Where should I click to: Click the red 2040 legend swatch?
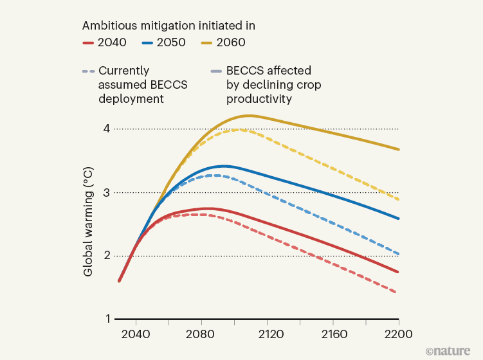[89, 43]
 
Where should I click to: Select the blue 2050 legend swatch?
[149, 43]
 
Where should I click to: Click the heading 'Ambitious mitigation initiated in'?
[169, 26]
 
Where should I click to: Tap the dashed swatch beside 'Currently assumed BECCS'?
[89, 71]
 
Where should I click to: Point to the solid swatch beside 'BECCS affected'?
[217, 71]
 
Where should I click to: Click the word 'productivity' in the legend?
[260, 99]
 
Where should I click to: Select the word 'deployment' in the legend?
[131, 99]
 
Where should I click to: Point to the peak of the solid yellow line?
[249, 116]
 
